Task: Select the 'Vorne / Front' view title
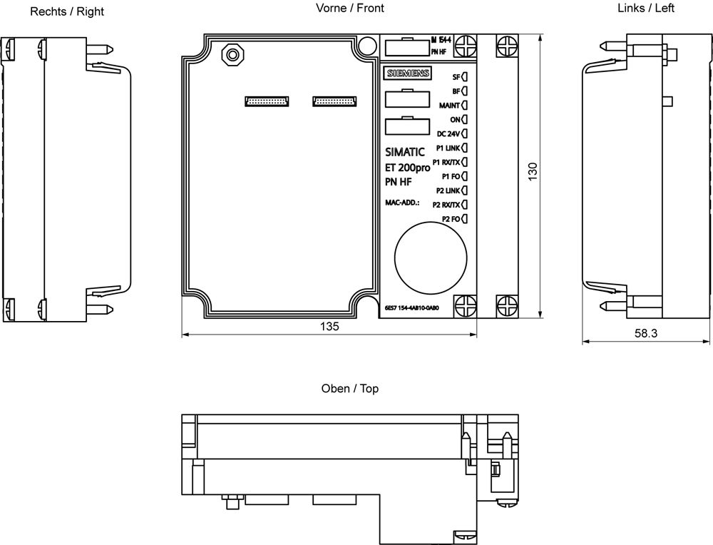click(x=349, y=9)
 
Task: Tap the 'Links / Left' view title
click(x=645, y=9)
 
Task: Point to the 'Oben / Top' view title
click(x=349, y=389)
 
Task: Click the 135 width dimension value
click(x=329, y=326)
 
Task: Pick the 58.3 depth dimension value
click(x=645, y=333)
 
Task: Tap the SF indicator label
click(x=456, y=77)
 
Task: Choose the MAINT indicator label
click(x=449, y=106)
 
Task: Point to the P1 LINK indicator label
click(x=448, y=148)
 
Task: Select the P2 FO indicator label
click(x=451, y=218)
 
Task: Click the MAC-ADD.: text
click(x=403, y=203)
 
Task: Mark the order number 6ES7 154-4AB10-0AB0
click(x=411, y=307)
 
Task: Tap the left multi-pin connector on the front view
click(x=267, y=101)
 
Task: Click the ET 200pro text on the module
click(x=407, y=167)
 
